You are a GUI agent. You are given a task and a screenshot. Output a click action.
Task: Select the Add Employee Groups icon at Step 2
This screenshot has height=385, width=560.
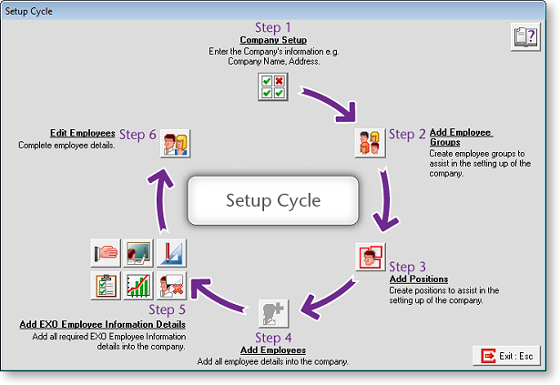(x=368, y=144)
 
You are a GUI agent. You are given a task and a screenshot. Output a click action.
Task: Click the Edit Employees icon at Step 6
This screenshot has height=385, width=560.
(x=175, y=144)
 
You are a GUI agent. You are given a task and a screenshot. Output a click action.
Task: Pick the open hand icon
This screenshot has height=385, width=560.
(x=106, y=253)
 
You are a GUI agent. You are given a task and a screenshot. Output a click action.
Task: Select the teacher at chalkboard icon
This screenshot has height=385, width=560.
(x=138, y=253)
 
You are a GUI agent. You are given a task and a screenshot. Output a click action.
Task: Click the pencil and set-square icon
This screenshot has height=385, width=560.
(x=171, y=253)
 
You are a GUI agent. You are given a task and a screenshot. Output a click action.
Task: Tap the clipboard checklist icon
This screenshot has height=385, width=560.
(x=106, y=285)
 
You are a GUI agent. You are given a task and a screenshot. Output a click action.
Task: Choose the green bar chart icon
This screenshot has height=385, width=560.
(x=138, y=285)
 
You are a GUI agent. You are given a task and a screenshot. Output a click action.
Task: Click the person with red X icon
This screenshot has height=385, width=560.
(x=171, y=285)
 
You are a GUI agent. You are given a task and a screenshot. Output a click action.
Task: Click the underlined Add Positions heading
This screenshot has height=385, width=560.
(x=418, y=279)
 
